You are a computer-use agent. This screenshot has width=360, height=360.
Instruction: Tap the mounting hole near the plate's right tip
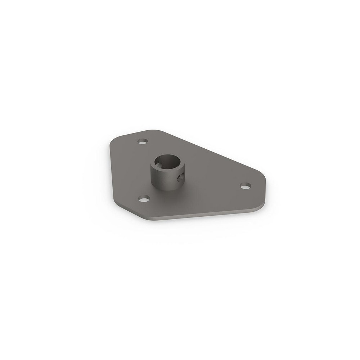[245, 186]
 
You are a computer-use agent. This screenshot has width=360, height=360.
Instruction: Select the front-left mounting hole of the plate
[144, 198]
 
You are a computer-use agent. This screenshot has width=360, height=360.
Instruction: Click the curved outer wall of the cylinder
[164, 180]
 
